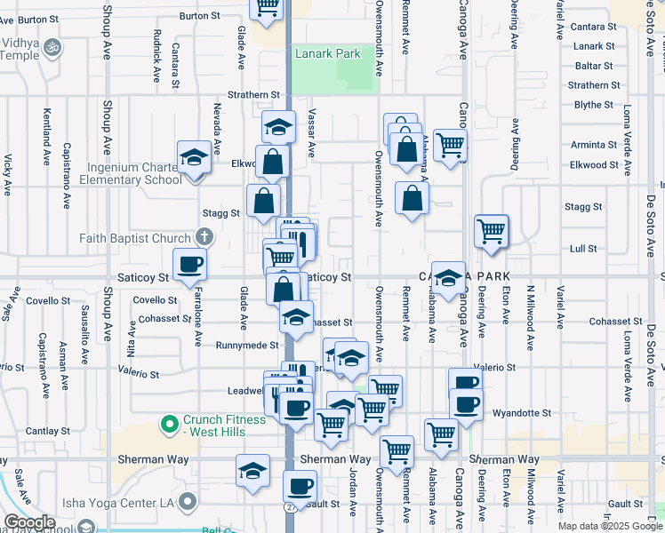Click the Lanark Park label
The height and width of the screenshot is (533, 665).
pyautogui.click(x=328, y=54)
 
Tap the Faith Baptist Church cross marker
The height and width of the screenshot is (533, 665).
pyautogui.click(x=204, y=237)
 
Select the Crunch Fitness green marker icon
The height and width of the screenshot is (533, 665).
pyautogui.click(x=170, y=425)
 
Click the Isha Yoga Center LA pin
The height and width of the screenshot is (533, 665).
pyautogui.click(x=187, y=503)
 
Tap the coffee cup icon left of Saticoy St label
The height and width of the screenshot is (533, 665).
pyautogui.click(x=189, y=265)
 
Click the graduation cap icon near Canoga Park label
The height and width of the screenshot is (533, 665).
pyautogui.click(x=448, y=277)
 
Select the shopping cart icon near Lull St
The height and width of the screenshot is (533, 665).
pyautogui.click(x=491, y=232)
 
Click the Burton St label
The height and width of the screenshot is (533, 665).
pyautogui.click(x=199, y=16)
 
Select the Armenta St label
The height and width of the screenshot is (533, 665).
pyautogui.click(x=594, y=144)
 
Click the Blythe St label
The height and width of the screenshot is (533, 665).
pyautogui.click(x=594, y=105)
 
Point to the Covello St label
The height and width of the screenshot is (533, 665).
pyautogui.click(x=156, y=300)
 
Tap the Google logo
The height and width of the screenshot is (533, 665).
pyautogui.click(x=28, y=523)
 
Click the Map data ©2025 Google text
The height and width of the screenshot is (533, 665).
pyautogui.click(x=609, y=526)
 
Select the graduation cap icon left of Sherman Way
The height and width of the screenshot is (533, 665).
pyautogui.click(x=253, y=471)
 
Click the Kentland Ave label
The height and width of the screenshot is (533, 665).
pyautogui.click(x=46, y=138)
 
